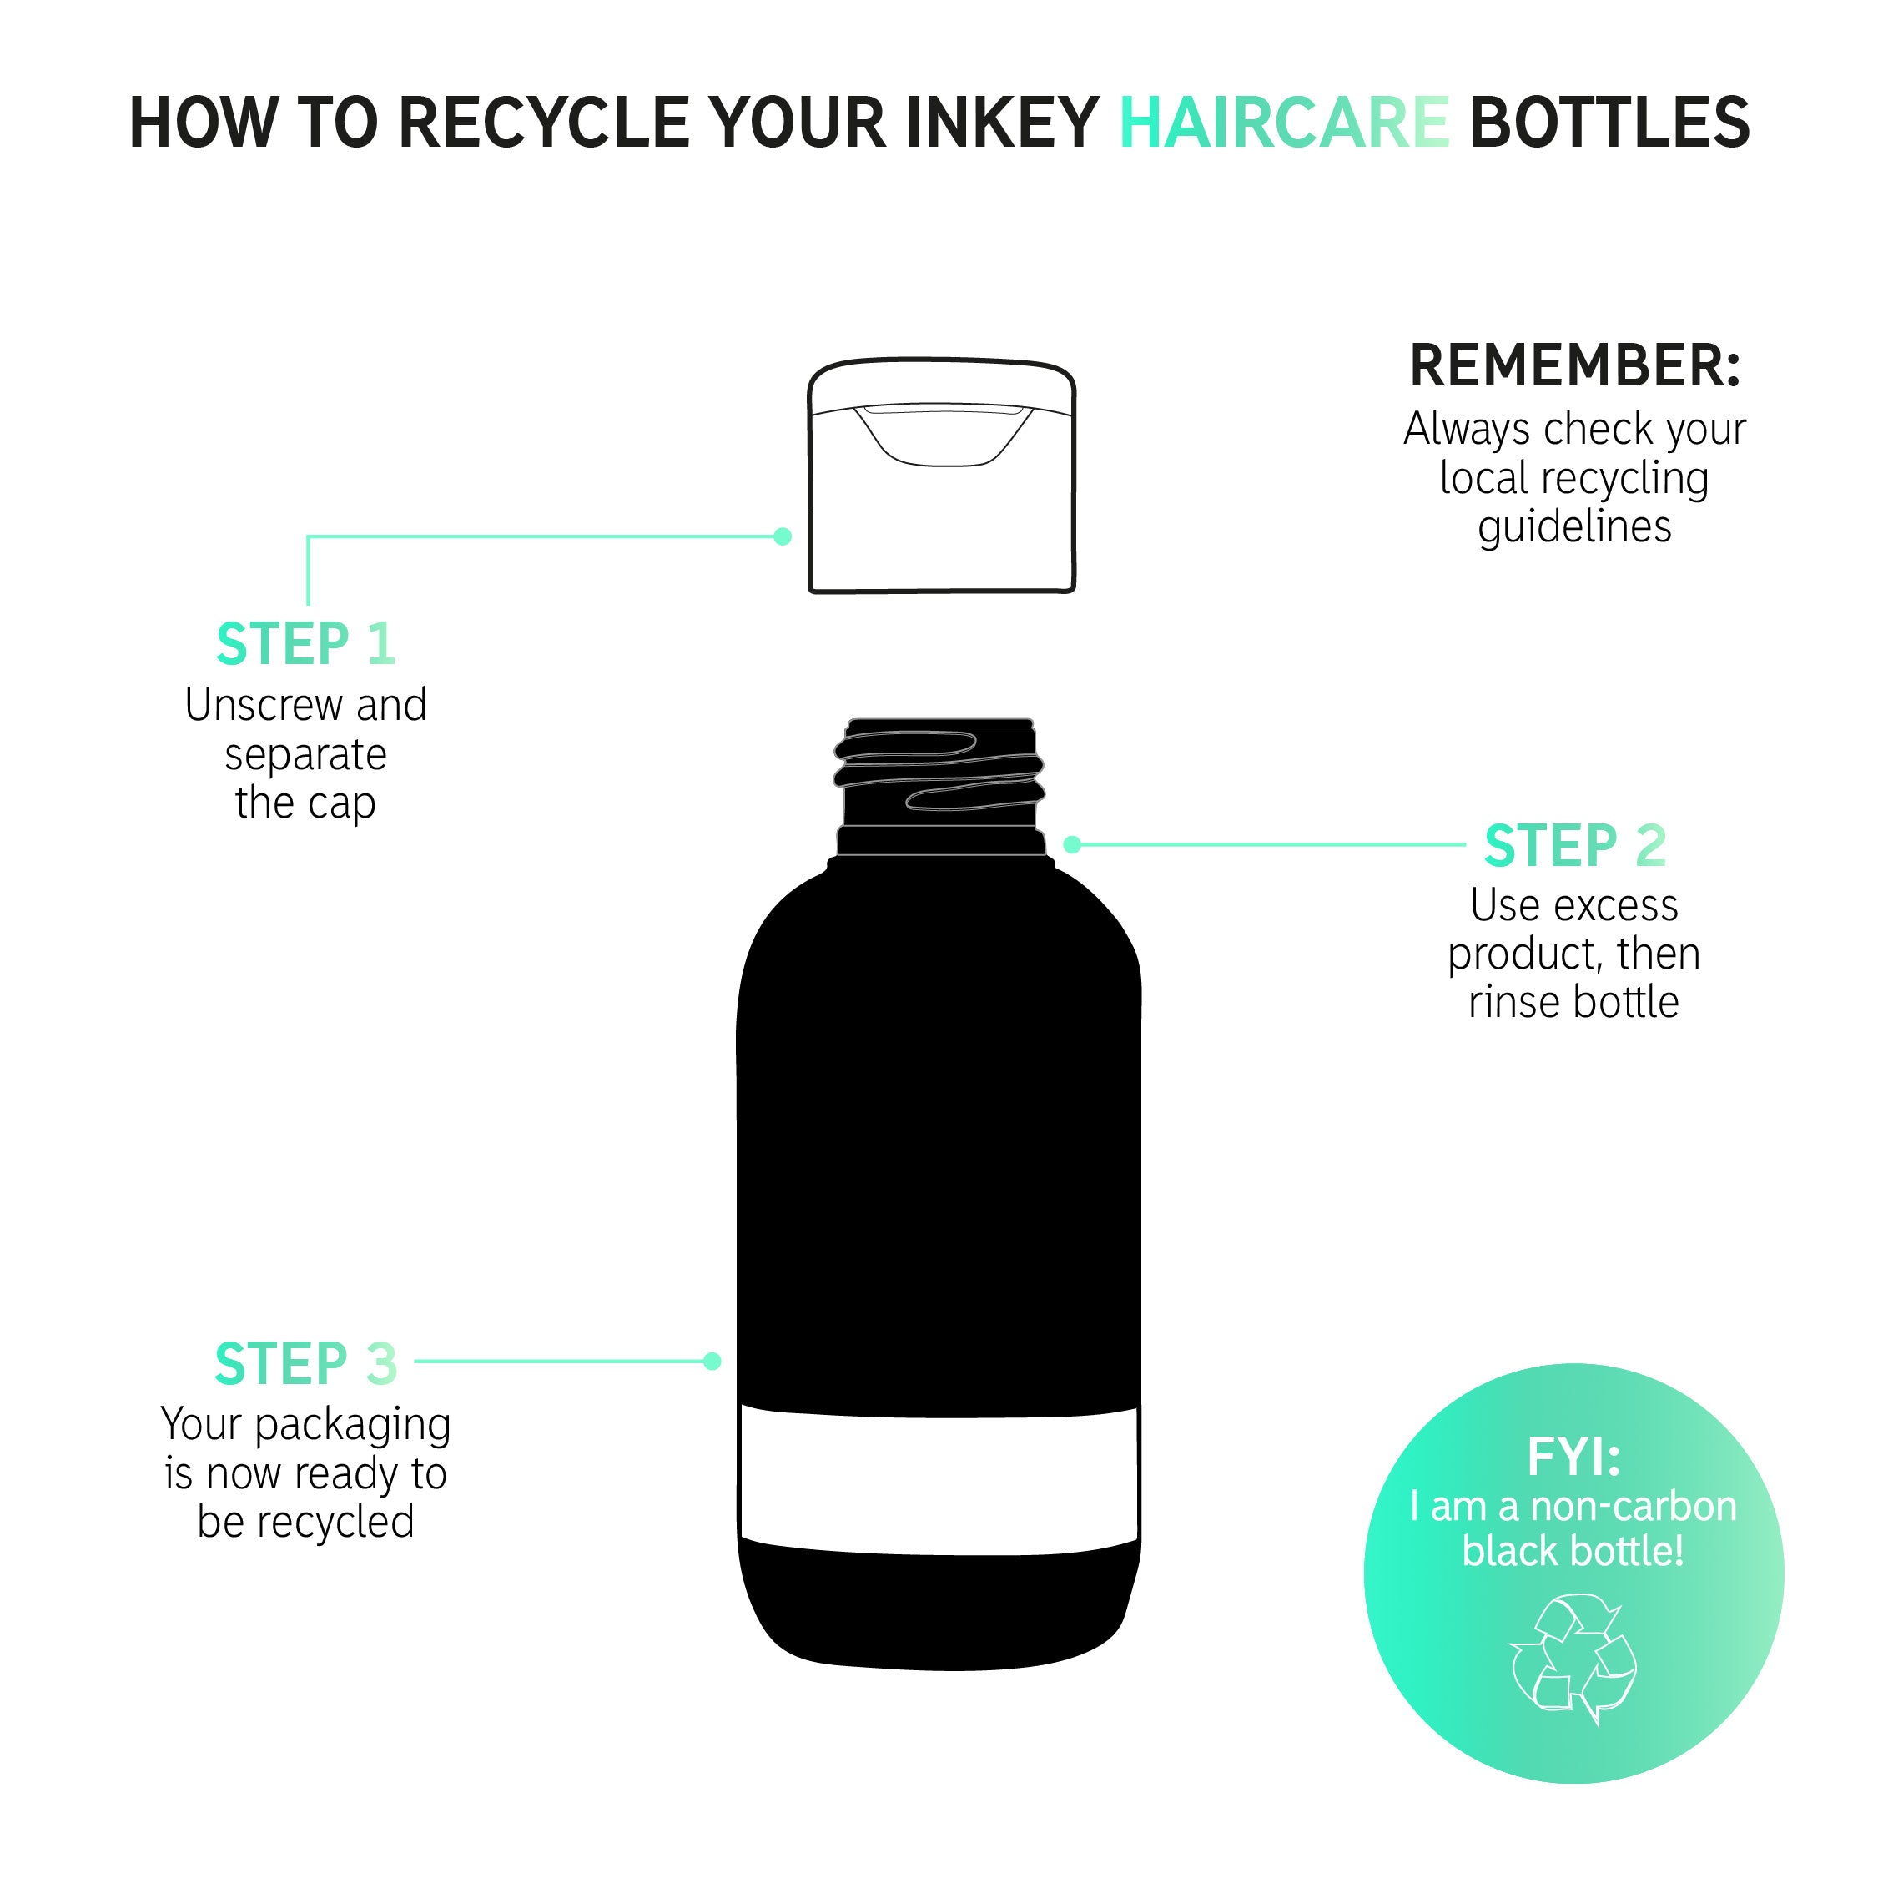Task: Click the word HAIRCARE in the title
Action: tap(1284, 123)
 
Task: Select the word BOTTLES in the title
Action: tap(1609, 123)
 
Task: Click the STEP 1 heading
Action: tap(305, 643)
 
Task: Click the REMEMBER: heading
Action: tap(1574, 365)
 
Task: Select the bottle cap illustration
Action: tap(942, 476)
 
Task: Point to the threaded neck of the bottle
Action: tap(940, 788)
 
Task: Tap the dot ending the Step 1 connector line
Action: tap(783, 536)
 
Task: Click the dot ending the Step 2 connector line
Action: tap(1072, 844)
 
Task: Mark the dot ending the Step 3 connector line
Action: tap(712, 1361)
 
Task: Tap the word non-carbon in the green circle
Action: tap(1633, 1507)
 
